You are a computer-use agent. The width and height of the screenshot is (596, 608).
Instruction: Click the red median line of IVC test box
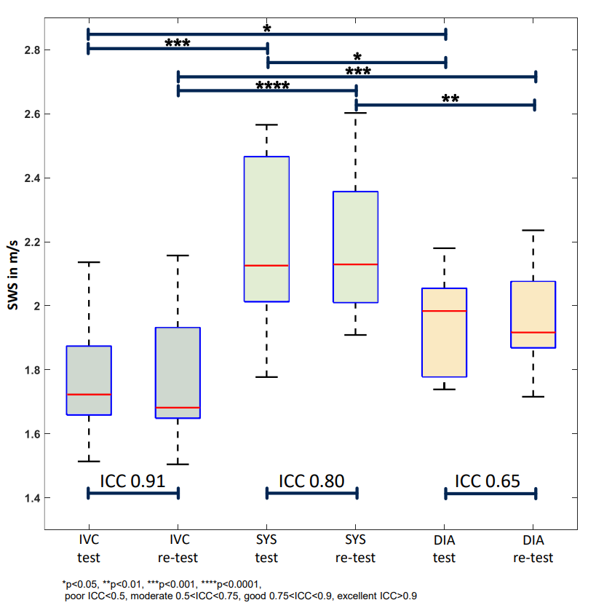89,395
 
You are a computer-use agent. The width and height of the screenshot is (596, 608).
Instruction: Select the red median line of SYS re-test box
355,264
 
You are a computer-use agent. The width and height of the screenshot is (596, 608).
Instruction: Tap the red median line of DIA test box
444,311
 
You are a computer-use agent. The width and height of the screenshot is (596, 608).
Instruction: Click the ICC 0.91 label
133,481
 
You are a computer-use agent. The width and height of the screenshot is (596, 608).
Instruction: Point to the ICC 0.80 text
311,481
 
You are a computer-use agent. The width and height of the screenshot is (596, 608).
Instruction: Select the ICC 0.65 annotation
488,481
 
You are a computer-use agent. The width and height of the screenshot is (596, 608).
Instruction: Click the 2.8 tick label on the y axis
32,50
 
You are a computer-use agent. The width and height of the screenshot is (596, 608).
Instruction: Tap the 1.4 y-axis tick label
32,498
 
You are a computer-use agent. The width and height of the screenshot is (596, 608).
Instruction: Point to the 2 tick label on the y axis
37,306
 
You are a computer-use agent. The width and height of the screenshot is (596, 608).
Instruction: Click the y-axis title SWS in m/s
12,275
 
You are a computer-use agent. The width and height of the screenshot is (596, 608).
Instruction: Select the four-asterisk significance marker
273,85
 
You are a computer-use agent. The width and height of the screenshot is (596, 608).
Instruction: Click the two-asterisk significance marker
450,98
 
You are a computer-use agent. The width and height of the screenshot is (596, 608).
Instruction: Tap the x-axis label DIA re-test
533,549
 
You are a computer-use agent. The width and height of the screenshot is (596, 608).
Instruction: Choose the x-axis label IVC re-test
178,549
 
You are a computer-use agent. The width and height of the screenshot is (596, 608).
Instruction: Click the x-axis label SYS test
266,549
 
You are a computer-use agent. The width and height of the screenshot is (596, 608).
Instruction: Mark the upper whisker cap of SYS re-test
355,113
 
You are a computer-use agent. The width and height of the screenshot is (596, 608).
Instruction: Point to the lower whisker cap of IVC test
89,462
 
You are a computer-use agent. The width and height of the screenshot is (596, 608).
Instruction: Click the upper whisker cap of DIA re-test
533,230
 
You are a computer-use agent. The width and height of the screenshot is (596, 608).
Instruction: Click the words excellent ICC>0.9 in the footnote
377,596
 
